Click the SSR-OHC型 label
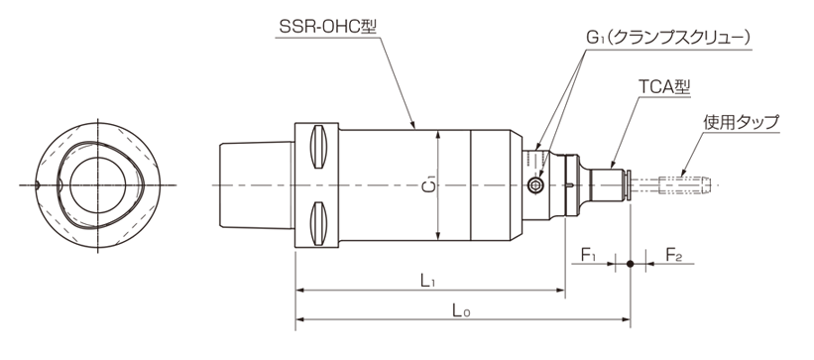(x=327, y=27)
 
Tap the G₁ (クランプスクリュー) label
(x=668, y=39)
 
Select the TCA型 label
(x=664, y=87)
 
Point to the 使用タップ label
(x=742, y=122)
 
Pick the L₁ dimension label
(x=427, y=282)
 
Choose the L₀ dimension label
(x=461, y=310)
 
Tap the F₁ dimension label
(x=588, y=255)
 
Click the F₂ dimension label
(x=673, y=255)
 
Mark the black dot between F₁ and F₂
(x=631, y=264)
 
